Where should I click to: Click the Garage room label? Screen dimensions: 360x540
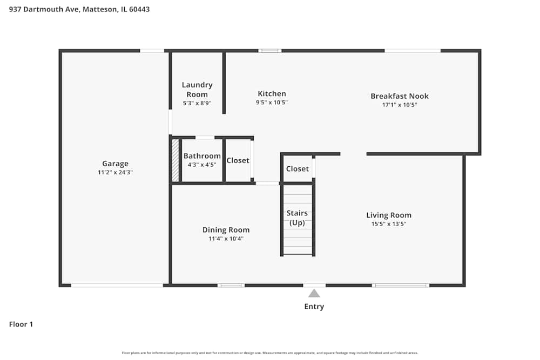tap(115, 164)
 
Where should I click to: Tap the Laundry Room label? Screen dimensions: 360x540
tap(197, 90)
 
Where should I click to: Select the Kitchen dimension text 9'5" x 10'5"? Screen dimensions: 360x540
tap(272, 103)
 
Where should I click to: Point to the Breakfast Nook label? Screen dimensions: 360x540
tap(400, 96)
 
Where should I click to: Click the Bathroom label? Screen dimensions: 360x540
tap(202, 156)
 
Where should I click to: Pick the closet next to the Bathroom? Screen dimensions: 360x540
tap(238, 160)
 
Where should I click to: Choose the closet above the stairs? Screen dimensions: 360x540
tap(298, 168)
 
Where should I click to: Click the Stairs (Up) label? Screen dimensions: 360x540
tap(298, 218)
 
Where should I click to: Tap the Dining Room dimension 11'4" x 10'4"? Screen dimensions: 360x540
tap(226, 239)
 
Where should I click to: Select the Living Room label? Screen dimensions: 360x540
tap(389, 215)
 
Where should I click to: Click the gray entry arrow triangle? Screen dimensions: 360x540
tap(314, 294)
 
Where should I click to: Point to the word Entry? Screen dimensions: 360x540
tap(314, 307)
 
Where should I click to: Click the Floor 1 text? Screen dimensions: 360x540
tap(21, 324)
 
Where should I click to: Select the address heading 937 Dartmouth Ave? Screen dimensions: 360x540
tap(79, 9)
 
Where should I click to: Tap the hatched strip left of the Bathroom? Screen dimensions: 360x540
tap(175, 160)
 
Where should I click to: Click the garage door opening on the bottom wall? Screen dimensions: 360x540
tap(117, 285)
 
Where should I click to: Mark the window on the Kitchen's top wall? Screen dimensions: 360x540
tap(269, 51)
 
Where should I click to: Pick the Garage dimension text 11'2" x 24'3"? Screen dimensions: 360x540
tap(115, 173)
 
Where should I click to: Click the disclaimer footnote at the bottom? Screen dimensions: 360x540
tap(270, 353)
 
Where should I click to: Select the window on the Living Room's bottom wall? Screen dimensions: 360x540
tap(401, 285)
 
